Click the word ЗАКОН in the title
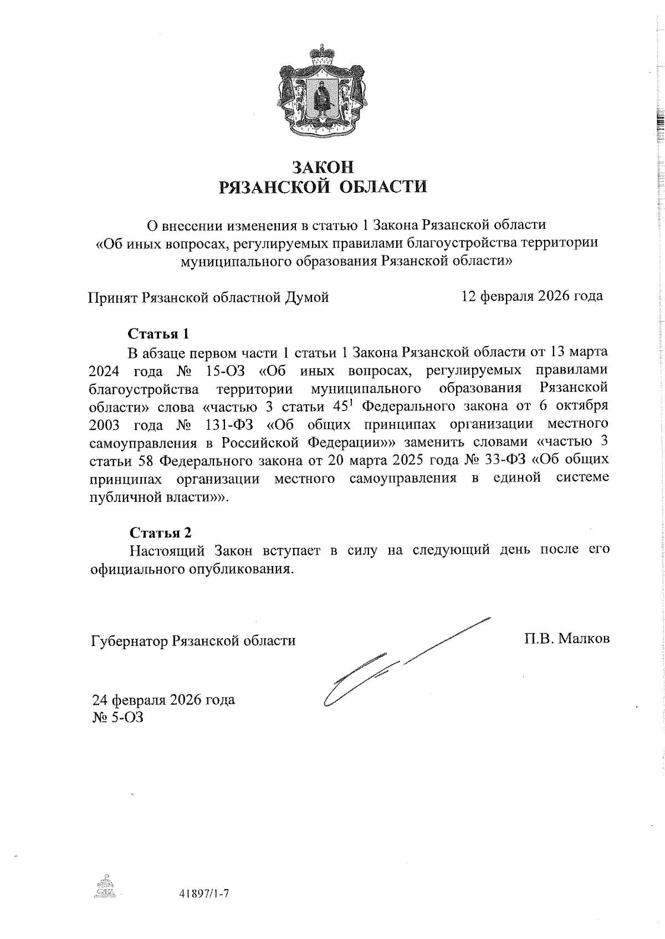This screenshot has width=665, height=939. [323, 166]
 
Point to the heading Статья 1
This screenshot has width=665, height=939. [159, 333]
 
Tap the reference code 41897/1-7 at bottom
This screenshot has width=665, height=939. [204, 894]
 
